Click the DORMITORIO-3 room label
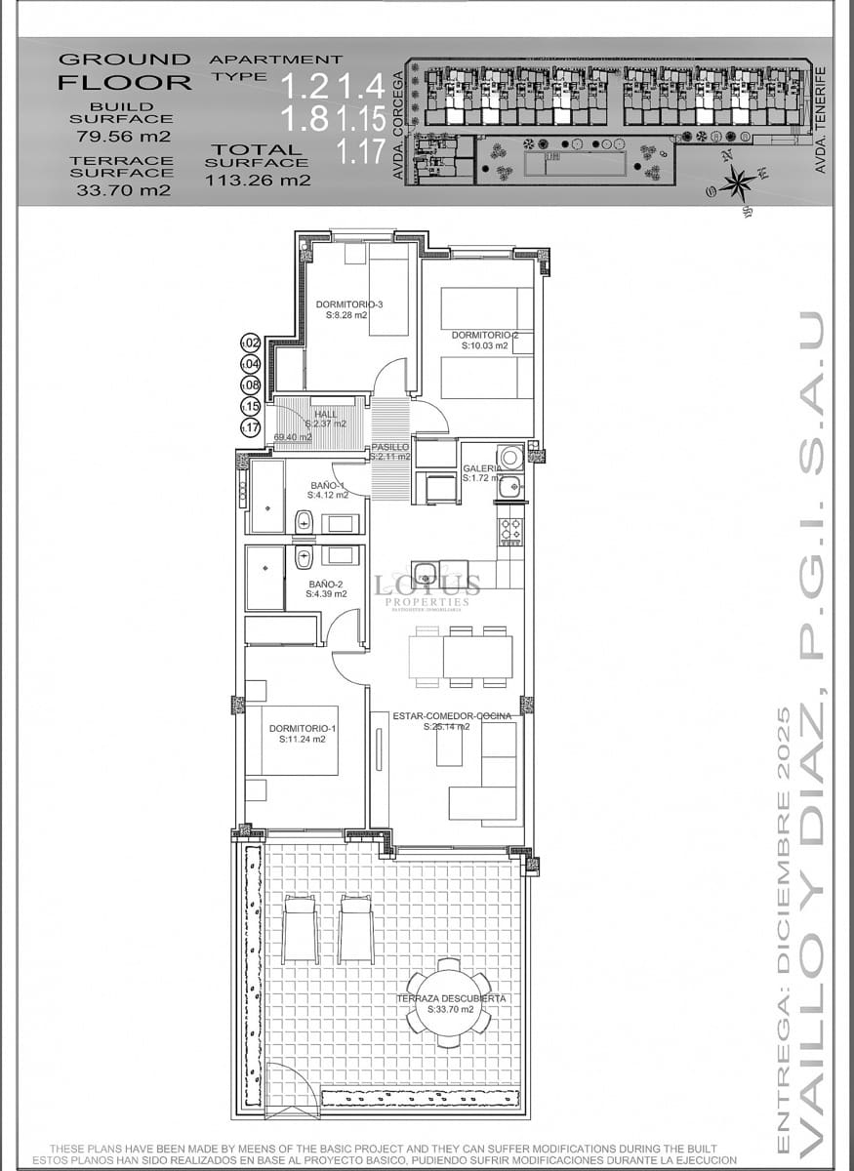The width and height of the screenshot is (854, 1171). tap(348, 304)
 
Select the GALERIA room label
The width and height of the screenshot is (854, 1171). tap(482, 468)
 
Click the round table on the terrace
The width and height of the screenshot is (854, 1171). tap(449, 1003)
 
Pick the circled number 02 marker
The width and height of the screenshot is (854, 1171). tap(251, 343)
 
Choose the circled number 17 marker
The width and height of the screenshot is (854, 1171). tap(251, 426)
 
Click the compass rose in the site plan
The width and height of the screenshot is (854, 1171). tap(738, 182)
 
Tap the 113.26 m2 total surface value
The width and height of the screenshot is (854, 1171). tap(258, 181)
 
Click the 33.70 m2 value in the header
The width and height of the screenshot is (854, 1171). tap(123, 190)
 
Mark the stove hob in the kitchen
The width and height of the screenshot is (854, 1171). tap(510, 530)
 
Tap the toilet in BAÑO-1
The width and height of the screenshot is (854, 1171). tap(304, 522)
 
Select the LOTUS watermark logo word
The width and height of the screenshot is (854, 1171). tap(430, 585)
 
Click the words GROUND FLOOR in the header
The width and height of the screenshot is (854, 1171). tap(125, 72)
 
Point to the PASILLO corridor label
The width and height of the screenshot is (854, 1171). tap(390, 447)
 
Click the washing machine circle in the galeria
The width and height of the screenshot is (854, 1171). tap(509, 457)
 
